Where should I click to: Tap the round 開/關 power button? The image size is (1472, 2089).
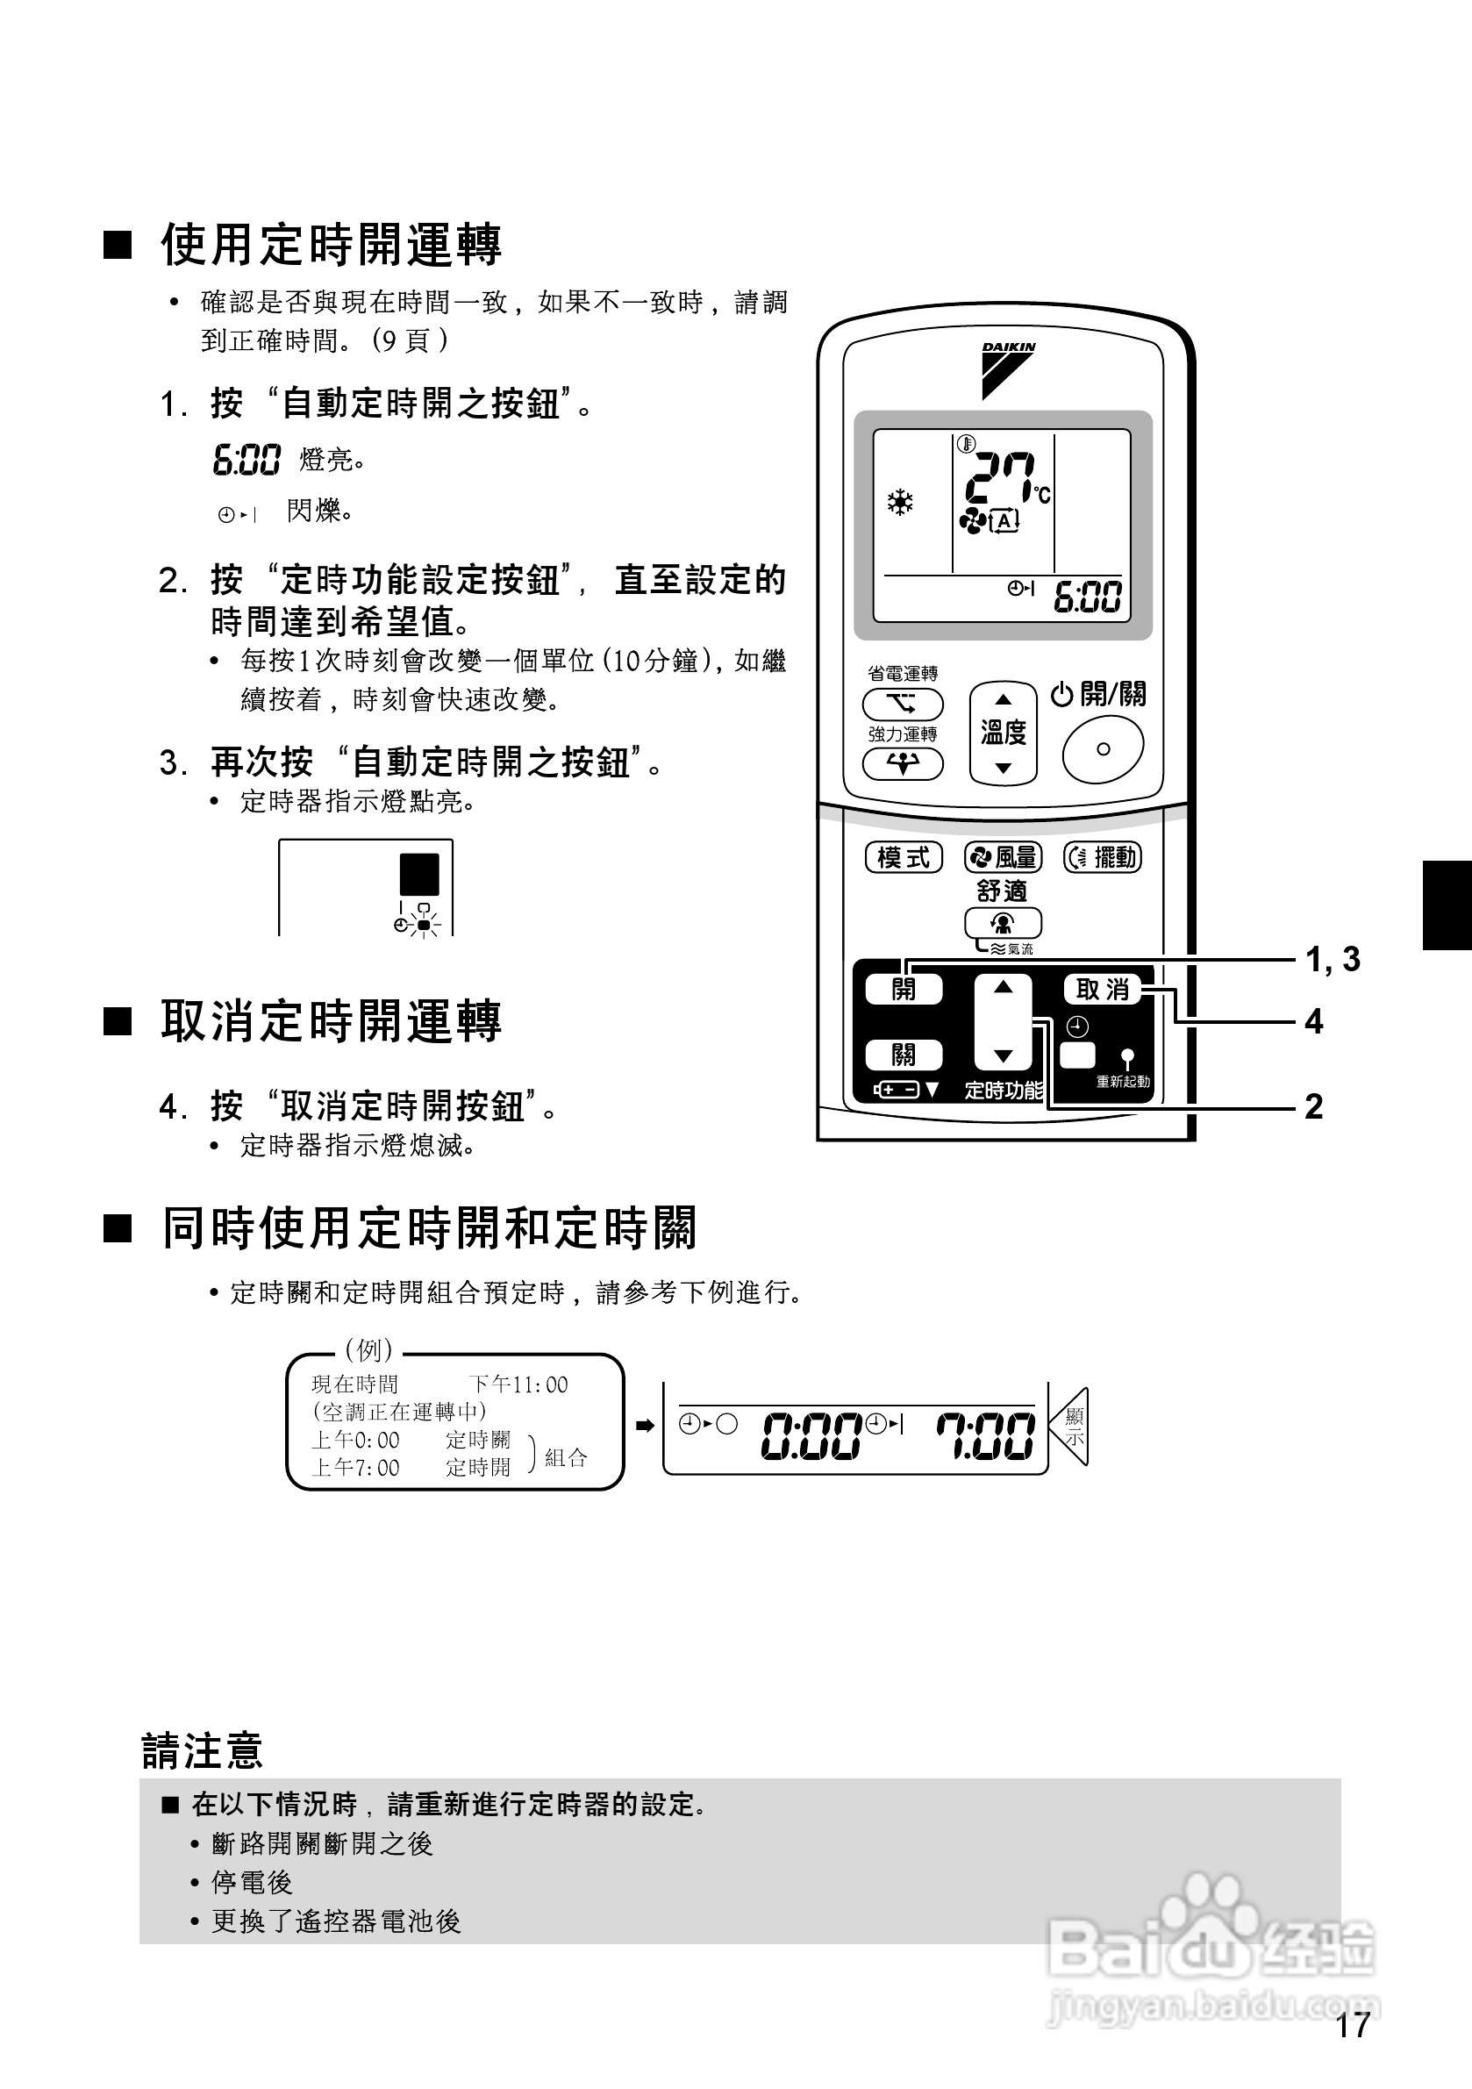(x=1103, y=748)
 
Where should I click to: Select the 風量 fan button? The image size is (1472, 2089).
(x=1003, y=857)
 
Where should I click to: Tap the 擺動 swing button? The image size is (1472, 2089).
(x=1103, y=857)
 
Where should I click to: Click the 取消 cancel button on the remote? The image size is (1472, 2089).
(x=1103, y=989)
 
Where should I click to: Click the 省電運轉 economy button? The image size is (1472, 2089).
(x=903, y=705)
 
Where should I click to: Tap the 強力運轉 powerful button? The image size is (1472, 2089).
(x=903, y=764)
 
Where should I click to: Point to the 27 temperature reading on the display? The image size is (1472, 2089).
(x=1000, y=478)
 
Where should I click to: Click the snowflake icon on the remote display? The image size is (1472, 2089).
(x=901, y=503)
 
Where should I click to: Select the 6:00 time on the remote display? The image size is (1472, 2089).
(x=1087, y=597)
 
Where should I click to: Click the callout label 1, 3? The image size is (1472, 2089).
(x=1333, y=959)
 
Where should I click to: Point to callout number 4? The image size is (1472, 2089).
(x=1314, y=1022)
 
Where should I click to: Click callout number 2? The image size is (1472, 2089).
(x=1314, y=1106)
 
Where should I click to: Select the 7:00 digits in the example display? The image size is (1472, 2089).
(x=985, y=1435)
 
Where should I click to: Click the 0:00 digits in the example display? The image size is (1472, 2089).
(x=811, y=1435)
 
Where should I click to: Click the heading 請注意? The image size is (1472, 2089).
(x=202, y=1749)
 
